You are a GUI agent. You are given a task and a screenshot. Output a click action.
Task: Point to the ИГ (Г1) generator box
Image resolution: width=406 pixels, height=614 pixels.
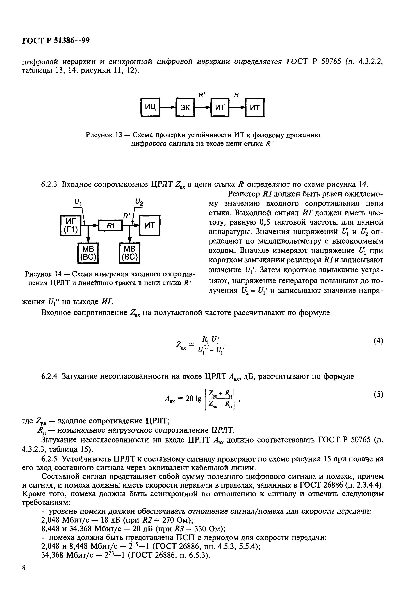coord(70,225)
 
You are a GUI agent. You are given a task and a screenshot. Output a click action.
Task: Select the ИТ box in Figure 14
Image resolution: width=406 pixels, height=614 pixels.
coord(149,225)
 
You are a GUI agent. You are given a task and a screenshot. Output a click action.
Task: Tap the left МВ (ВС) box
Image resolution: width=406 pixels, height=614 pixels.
coord(88,253)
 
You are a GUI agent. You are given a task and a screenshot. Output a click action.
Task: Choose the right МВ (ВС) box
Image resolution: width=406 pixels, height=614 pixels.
coord(129,253)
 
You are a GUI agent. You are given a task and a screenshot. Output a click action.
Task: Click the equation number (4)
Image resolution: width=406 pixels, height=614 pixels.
coord(378,341)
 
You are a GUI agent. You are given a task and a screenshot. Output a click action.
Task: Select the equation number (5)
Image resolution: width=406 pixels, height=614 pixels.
coord(378,394)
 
